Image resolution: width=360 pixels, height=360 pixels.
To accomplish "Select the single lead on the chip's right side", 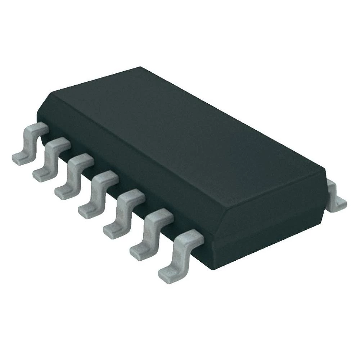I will [337, 196].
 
